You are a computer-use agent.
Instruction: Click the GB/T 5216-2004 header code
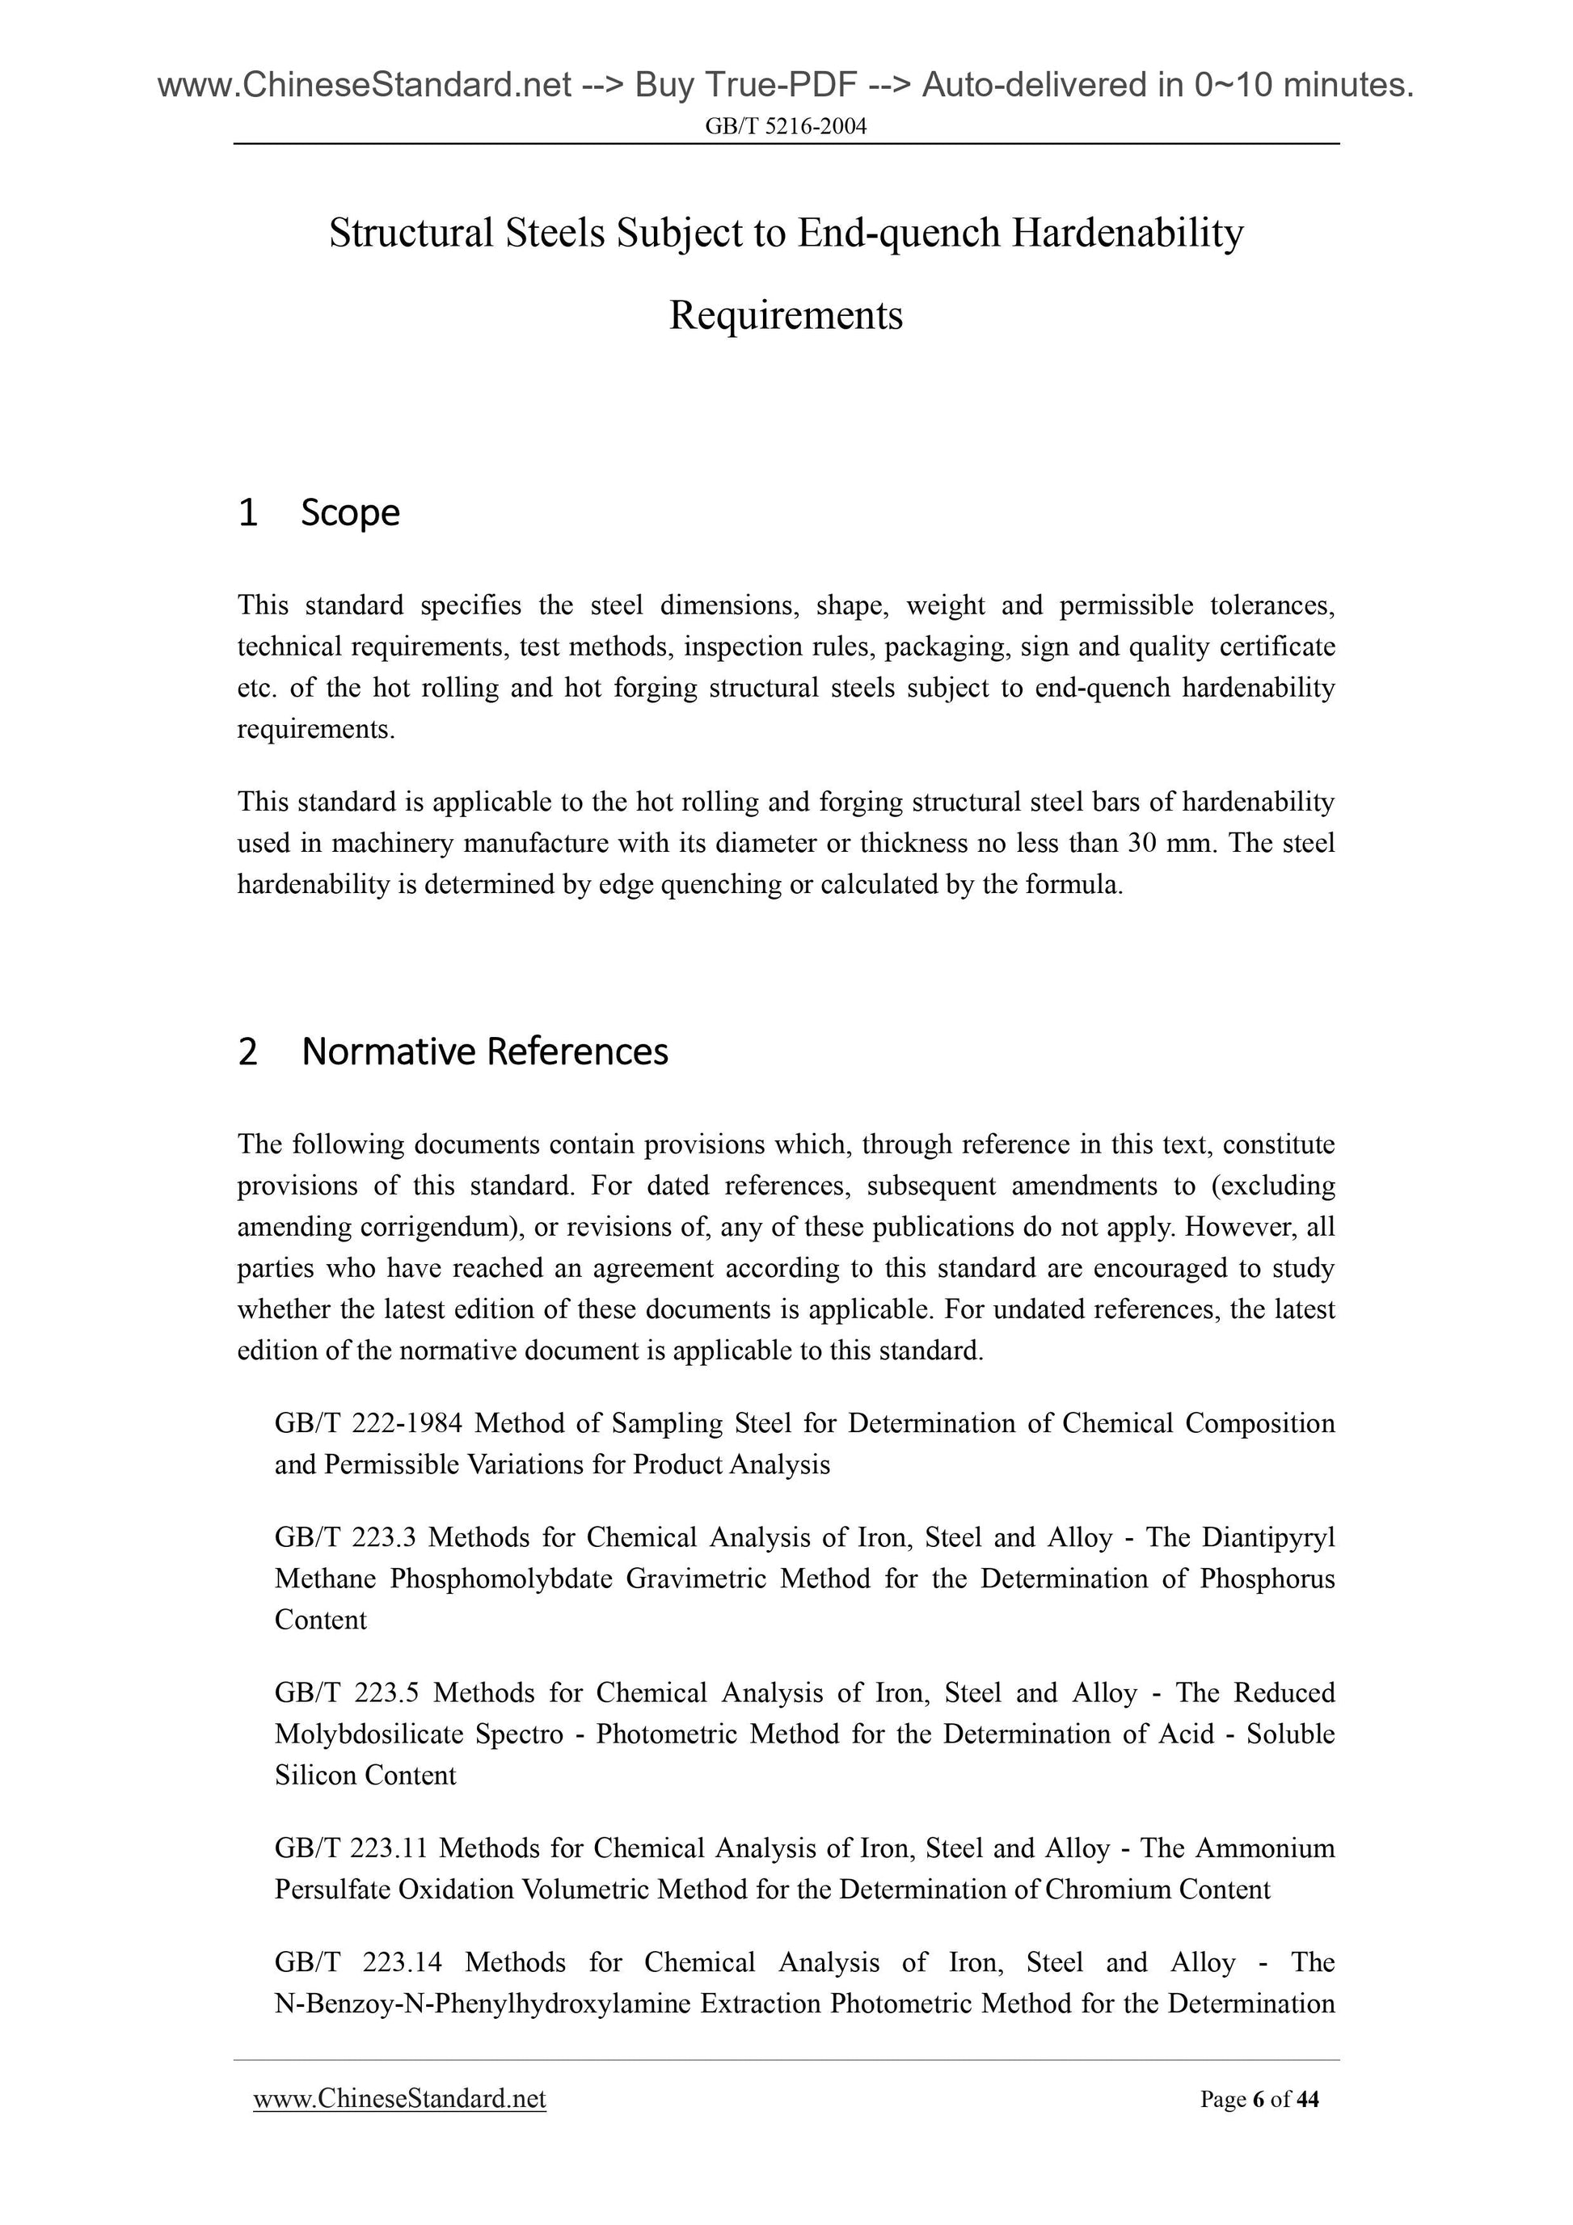(785, 126)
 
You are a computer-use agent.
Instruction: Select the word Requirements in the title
(785, 315)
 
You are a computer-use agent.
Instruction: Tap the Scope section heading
(349, 512)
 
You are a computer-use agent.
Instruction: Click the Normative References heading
(485, 1051)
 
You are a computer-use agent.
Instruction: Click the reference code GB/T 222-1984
(369, 1423)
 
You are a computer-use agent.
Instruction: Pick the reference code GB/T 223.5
(344, 1693)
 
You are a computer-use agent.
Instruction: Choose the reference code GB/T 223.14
(357, 1963)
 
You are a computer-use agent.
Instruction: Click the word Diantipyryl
(1267, 1538)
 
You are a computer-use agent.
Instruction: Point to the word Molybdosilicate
(369, 1734)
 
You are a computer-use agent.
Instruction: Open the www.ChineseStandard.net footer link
(399, 2099)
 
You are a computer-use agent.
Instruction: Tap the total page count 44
(1307, 2100)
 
